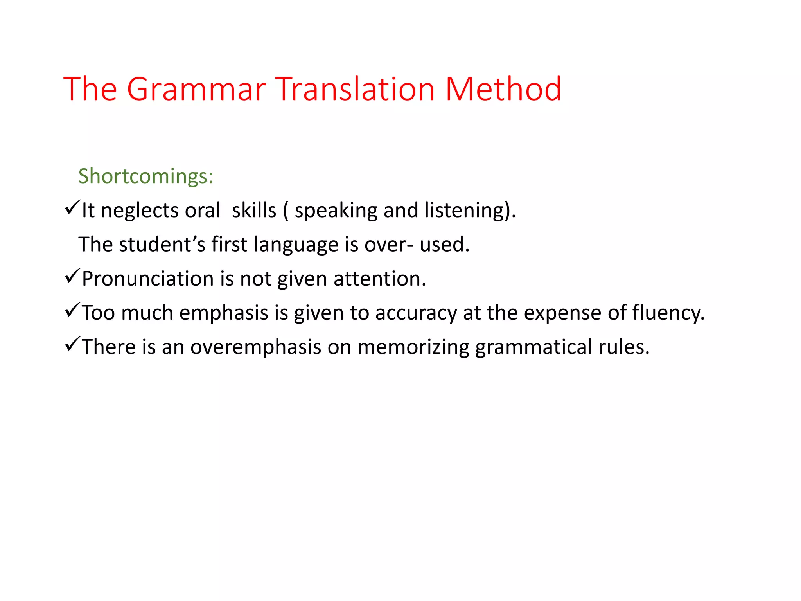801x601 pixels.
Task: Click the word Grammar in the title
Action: pos(196,89)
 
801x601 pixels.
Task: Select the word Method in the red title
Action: pos(503,89)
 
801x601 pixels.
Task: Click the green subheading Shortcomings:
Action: pos(145,176)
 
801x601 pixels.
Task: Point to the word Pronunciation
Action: pos(147,279)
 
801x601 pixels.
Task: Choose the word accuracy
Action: pos(416,313)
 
